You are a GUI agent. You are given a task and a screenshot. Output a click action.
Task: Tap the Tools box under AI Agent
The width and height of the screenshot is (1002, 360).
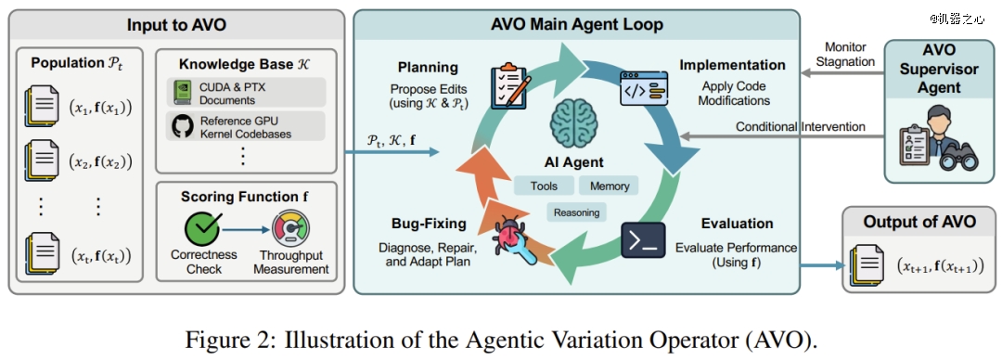click(x=544, y=186)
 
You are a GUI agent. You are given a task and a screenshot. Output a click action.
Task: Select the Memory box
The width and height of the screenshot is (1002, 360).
click(x=609, y=186)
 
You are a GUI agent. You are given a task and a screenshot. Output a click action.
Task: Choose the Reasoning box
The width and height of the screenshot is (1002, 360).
click(x=576, y=212)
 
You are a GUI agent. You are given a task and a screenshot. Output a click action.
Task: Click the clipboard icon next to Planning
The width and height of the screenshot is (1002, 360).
click(x=508, y=85)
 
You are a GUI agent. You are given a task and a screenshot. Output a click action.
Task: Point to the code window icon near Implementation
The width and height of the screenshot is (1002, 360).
click(x=644, y=88)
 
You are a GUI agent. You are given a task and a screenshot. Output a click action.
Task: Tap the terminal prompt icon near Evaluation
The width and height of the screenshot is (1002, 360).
click(x=643, y=240)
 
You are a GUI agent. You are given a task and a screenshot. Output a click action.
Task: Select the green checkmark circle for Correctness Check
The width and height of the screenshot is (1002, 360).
click(x=202, y=228)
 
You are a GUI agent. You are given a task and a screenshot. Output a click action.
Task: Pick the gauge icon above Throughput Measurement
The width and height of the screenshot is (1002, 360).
click(x=290, y=228)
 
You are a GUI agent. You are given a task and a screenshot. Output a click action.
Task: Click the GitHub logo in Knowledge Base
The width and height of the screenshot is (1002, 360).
click(x=182, y=126)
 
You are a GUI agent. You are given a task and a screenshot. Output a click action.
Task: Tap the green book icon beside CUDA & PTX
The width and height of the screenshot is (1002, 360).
click(x=183, y=93)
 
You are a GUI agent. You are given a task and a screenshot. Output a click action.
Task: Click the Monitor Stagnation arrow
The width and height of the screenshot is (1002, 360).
click(x=842, y=73)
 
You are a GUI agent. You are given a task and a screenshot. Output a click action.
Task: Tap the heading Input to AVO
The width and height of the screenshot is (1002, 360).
click(x=176, y=25)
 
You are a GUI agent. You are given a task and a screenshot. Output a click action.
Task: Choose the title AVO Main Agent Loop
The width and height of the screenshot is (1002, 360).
click(x=576, y=25)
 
